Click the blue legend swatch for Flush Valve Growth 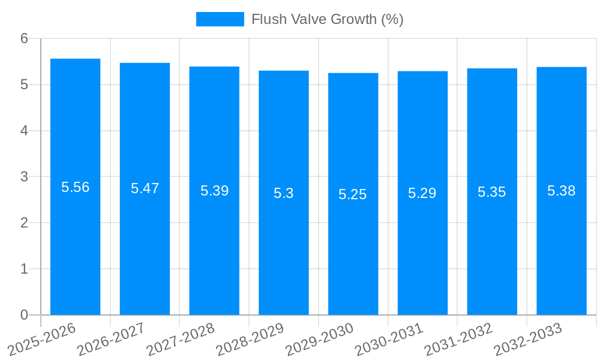point(220,19)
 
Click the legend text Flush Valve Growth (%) point(327,19)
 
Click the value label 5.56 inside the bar point(75,187)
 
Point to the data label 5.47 point(145,188)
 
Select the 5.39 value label point(214,191)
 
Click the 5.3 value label point(283,193)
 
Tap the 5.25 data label point(353,194)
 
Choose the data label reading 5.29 point(422,193)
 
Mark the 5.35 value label point(491,192)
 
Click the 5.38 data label point(561,191)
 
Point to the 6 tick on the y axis point(24,38)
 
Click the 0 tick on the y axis point(24,315)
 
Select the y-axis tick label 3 point(24,177)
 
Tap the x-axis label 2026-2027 point(112,339)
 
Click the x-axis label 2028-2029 point(250,339)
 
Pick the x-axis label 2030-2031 point(389,339)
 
